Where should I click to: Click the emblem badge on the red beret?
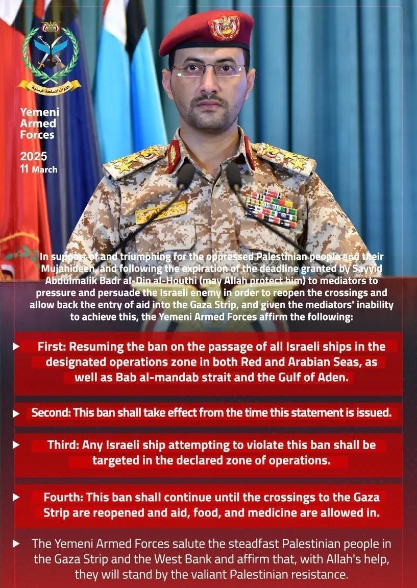224,27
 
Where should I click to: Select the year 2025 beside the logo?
33,156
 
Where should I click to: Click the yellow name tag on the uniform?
161,211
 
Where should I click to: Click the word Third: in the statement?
64,445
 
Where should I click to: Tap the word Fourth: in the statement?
64,497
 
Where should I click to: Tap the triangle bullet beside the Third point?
17,445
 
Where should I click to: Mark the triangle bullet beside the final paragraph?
17,544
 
